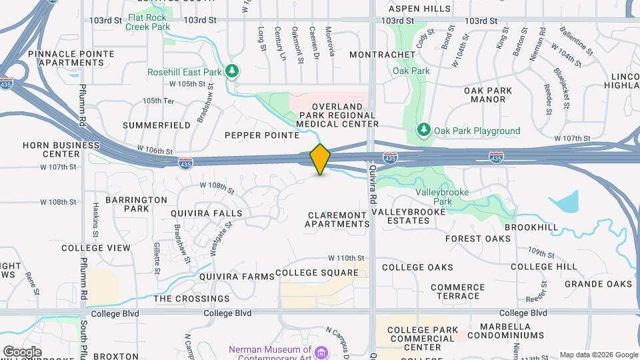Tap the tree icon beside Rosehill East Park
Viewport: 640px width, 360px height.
point(232,71)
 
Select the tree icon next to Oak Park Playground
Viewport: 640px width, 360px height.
point(423,130)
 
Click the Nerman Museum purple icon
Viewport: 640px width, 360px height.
point(322,351)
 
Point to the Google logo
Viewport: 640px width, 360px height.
point(22,352)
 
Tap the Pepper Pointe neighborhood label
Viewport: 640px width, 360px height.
point(262,135)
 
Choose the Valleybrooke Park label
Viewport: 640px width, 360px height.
point(442,197)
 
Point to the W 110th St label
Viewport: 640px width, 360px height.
point(347,258)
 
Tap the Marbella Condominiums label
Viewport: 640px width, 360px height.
point(508,331)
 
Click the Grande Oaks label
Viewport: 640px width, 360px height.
point(597,284)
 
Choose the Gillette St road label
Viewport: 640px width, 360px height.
point(157,258)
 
